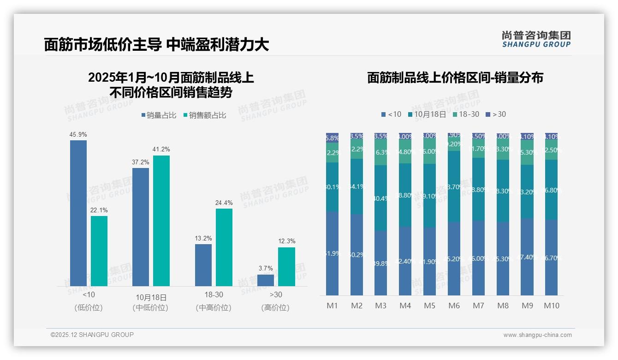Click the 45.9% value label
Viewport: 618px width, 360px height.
[78, 134]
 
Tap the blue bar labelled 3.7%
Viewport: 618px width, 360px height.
[266, 280]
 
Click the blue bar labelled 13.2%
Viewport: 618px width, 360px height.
[203, 265]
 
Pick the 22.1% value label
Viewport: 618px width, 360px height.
[99, 210]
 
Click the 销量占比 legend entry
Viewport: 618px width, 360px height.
[159, 115]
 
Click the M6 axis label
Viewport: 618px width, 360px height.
[454, 306]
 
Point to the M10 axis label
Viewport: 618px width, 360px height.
[551, 306]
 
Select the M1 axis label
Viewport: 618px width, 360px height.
[333, 306]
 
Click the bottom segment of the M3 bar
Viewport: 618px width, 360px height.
[380, 263]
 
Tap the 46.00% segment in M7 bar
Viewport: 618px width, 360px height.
[478, 258]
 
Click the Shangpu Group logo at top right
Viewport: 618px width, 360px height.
[536, 39]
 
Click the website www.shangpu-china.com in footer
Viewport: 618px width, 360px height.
[537, 335]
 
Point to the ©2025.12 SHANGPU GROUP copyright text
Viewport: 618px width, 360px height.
[92, 335]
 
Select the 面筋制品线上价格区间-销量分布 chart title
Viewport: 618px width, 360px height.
[455, 78]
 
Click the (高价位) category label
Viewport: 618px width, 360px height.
[275, 308]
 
